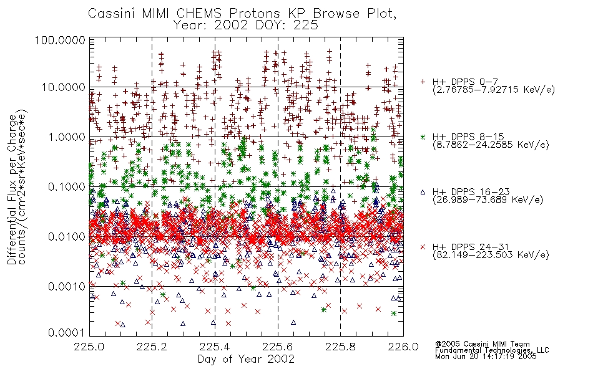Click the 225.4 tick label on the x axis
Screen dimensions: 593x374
[x=215, y=347]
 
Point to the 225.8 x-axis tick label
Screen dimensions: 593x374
[x=340, y=347]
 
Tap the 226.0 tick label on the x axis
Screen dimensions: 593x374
[x=403, y=347]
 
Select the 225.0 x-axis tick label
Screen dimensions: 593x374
[x=89, y=347]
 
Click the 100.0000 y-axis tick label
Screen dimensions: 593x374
[x=61, y=40]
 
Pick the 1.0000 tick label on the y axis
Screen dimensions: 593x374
[x=67, y=137]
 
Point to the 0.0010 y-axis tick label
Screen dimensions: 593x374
[x=67, y=286]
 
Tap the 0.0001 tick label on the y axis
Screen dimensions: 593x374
[x=67, y=332]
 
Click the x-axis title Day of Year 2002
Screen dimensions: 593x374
[x=246, y=359]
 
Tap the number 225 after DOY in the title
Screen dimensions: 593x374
[x=305, y=25]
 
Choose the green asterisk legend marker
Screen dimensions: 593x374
[x=423, y=137]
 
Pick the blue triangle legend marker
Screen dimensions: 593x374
[x=423, y=192]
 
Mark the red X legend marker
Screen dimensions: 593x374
[x=423, y=247]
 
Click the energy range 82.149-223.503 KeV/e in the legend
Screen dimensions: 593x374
[x=491, y=255]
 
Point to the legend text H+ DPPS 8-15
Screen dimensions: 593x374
[x=468, y=137]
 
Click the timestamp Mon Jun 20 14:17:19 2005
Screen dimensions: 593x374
[x=486, y=357]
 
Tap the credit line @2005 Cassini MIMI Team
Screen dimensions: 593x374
[x=482, y=344]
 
